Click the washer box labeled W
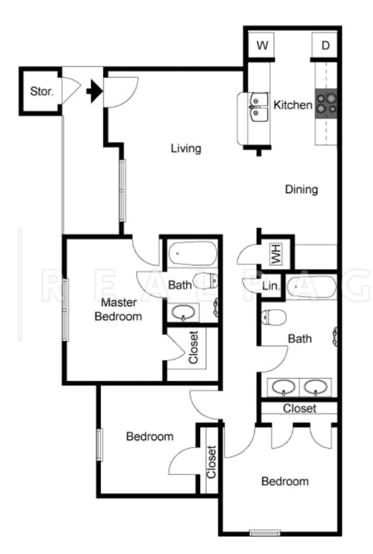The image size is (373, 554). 263,46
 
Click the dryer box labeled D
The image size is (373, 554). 326,46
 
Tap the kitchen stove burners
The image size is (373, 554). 326,105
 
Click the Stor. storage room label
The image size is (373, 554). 41,91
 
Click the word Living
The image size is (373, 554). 186,148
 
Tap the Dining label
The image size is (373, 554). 301,189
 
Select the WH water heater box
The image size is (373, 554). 275,253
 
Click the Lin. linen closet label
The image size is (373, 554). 271,287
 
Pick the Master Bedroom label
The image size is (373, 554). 118,308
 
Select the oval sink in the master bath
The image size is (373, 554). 184,314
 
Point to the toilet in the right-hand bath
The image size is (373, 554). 275,316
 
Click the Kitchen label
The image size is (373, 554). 293,105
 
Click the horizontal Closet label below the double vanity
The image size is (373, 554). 299,408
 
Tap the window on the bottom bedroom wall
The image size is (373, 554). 264,532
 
